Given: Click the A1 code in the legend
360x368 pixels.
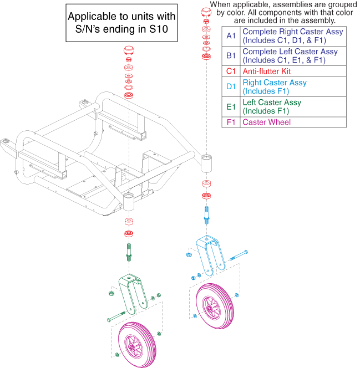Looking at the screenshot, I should (x=231, y=36).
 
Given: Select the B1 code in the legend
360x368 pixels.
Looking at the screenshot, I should (x=231, y=56).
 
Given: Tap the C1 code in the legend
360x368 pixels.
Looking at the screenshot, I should (x=231, y=71).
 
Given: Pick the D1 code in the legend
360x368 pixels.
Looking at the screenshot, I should (x=231, y=87).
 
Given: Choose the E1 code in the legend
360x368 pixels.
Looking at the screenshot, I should (x=231, y=106).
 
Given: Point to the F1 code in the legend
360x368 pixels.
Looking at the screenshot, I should (x=231, y=122).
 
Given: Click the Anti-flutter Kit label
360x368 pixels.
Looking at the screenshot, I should (x=267, y=71).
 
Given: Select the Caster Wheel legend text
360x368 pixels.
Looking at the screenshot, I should (x=266, y=122).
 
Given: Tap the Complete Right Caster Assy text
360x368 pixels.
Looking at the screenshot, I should (x=293, y=32).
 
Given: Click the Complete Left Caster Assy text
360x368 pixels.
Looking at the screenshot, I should (x=290, y=52).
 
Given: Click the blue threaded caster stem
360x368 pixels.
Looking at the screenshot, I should (x=207, y=213).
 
